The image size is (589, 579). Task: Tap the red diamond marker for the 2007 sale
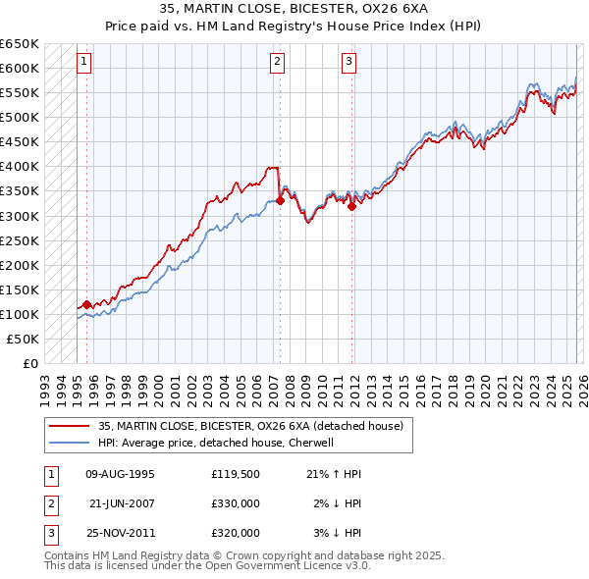280,200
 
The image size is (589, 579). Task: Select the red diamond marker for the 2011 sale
352,205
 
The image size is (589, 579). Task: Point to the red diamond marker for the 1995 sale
86,304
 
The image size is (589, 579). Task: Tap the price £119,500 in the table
235,474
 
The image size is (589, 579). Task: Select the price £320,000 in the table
235,533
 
